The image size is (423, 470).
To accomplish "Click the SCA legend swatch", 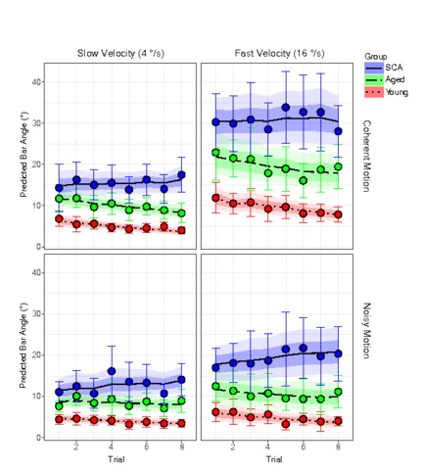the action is coord(374,68).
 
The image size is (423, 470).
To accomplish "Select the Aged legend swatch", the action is coord(374,79).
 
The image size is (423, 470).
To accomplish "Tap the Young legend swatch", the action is coord(374,92).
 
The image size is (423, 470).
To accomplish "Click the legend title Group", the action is coord(376,57).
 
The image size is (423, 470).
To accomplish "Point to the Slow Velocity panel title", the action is coord(120,53).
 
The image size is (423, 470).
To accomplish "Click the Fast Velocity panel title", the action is coord(279,53).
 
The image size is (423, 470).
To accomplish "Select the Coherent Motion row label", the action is coord(367,156).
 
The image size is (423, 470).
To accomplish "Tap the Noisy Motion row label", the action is coord(367,331).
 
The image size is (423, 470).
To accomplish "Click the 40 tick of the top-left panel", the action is coord(36,81).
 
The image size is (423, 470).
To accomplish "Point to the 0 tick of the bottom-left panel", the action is coord(39,438).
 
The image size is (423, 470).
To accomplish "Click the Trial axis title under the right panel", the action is coord(274,459).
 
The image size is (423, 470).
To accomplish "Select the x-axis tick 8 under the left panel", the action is coord(182,446).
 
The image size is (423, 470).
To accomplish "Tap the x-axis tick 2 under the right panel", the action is coord(233,446).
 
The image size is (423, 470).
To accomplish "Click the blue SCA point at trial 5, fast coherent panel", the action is coord(286,108).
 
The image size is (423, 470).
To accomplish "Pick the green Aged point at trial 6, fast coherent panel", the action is coord(304,180).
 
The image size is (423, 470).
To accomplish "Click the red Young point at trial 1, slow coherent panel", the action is coord(59,219).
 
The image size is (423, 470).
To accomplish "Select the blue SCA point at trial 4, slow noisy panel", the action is coord(112,371).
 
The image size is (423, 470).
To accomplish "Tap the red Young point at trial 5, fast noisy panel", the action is coord(286,424).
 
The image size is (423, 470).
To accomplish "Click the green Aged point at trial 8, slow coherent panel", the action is coord(182,213).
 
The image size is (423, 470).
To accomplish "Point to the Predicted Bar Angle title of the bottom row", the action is coord(23,346).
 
